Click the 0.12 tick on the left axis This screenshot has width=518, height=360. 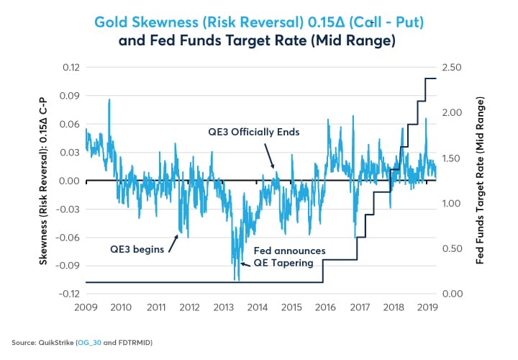click(69, 67)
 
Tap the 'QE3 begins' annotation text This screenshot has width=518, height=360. click(137, 249)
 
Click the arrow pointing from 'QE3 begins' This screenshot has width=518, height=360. click(173, 240)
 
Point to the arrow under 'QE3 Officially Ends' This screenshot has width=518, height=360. click(269, 154)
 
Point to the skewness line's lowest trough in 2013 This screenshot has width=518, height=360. click(236, 279)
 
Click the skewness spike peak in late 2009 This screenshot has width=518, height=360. click(109, 100)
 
